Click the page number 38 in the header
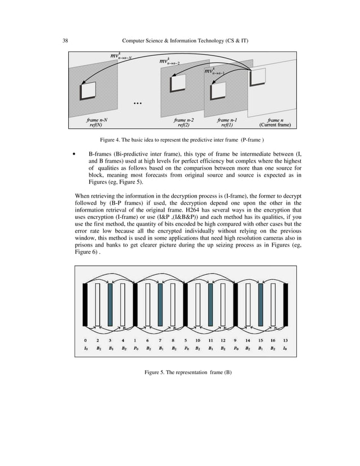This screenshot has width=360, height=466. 65,40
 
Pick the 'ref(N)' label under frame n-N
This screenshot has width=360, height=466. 96,125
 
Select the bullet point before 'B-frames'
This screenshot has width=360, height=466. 74,153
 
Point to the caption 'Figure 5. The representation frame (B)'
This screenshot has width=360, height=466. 188,372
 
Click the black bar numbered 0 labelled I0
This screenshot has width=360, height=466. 85,305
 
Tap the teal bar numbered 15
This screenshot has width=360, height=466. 261,305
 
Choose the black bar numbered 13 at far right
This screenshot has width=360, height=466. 286,305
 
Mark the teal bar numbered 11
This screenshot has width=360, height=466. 210,305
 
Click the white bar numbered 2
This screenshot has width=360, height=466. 98,305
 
